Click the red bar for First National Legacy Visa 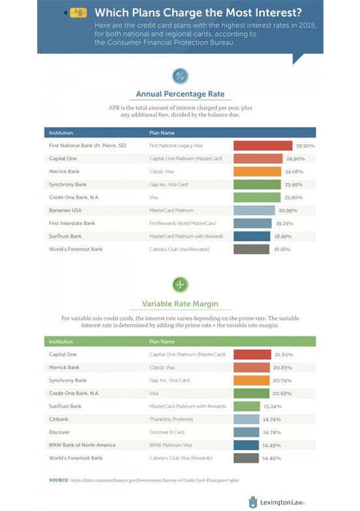click(262, 145)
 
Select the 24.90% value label click(294, 158)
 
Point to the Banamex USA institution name click(65, 210)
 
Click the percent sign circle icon click(180, 76)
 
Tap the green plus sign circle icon click(180, 284)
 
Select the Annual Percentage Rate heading click(180, 94)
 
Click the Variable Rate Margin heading click(180, 303)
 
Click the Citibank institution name click(60, 419)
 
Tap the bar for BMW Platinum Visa click(247, 445)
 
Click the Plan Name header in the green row click(162, 342)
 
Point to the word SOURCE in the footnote click(59, 480)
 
